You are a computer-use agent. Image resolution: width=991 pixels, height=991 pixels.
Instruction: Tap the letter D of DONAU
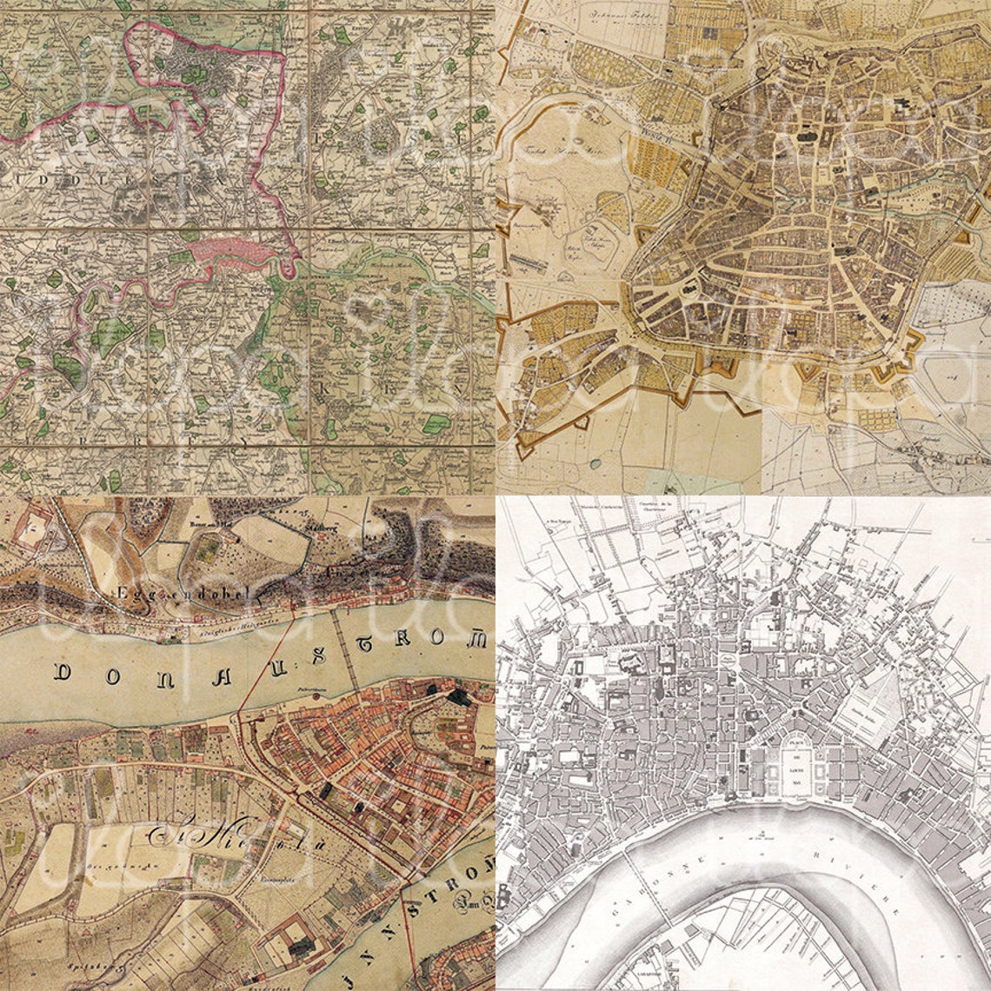coord(63,672)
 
